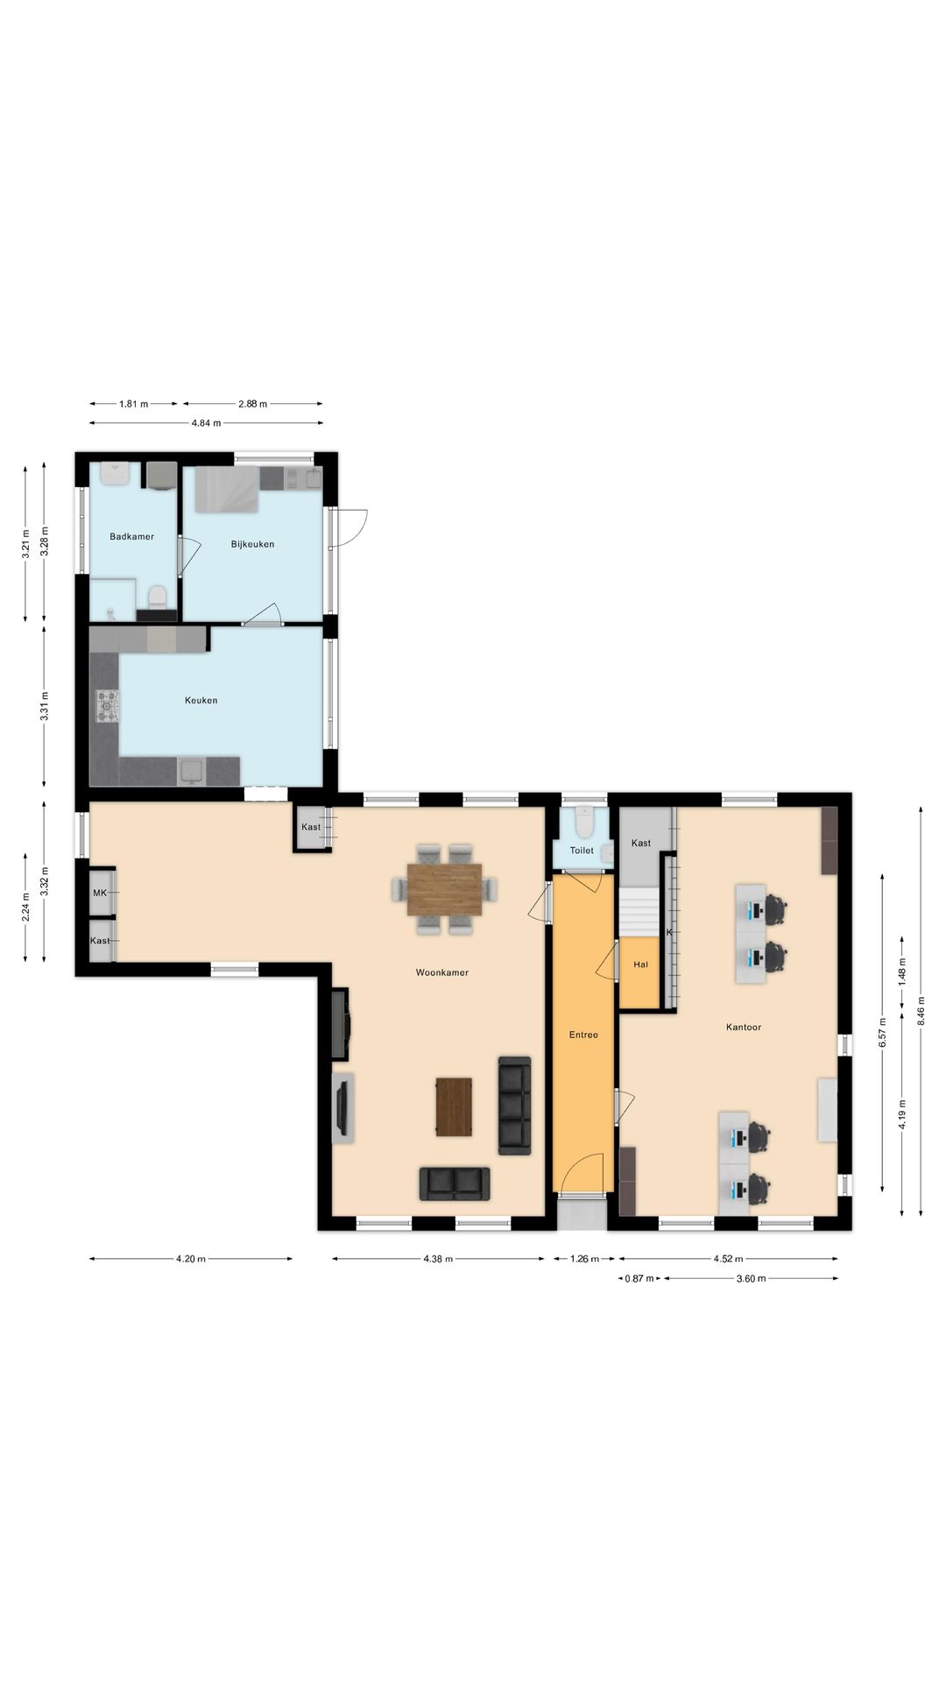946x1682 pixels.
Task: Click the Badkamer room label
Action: pyautogui.click(x=131, y=537)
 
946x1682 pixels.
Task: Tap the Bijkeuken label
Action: pyautogui.click(x=252, y=544)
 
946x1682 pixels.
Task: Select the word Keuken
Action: pyautogui.click(x=201, y=700)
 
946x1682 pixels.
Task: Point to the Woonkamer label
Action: pyautogui.click(x=441, y=972)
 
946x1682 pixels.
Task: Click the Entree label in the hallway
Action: pyautogui.click(x=583, y=1035)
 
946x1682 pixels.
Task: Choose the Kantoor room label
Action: pyautogui.click(x=743, y=1027)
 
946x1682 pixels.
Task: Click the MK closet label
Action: pyautogui.click(x=100, y=894)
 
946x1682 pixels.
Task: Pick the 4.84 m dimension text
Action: pyautogui.click(x=206, y=423)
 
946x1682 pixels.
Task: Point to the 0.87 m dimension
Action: pyautogui.click(x=639, y=1278)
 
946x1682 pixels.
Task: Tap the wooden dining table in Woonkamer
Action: pyautogui.click(x=444, y=889)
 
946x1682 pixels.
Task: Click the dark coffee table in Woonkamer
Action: pyautogui.click(x=454, y=1106)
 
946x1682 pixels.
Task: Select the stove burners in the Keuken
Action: pyautogui.click(x=108, y=706)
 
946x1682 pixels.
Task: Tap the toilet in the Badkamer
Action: pyautogui.click(x=157, y=598)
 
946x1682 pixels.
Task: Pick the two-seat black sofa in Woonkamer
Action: pyautogui.click(x=455, y=1184)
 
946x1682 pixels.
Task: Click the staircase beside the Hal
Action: pyautogui.click(x=639, y=912)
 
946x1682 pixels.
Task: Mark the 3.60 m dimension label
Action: pyautogui.click(x=750, y=1278)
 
